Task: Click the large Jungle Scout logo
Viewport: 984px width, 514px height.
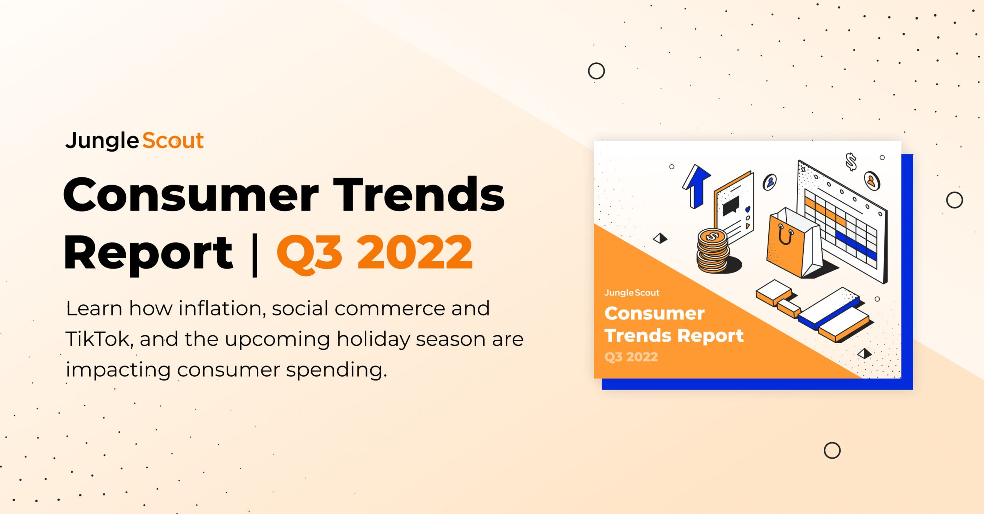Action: click(x=135, y=141)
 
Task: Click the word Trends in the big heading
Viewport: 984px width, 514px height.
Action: click(x=419, y=195)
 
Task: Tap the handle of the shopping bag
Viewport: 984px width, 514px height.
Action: click(x=785, y=235)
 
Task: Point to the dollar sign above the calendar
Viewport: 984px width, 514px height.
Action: click(x=851, y=162)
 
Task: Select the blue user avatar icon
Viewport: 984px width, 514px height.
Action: click(x=770, y=182)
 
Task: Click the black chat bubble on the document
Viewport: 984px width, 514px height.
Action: click(x=731, y=206)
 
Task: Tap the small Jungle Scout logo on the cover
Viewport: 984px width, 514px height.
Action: click(x=632, y=293)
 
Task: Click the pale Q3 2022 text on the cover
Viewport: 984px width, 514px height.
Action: click(x=631, y=357)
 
